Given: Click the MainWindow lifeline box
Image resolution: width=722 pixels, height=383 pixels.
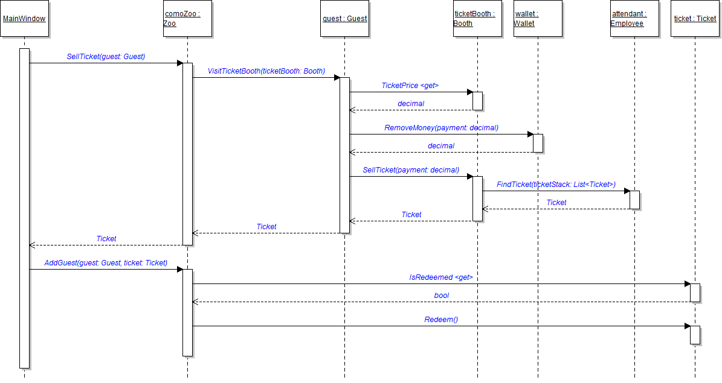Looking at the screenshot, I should coord(24,19).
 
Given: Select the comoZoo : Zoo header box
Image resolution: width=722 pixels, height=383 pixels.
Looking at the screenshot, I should coord(187,19).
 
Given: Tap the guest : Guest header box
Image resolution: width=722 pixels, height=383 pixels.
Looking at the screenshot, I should coord(344,19).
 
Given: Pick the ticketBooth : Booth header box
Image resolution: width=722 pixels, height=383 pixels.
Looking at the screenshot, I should coord(477,19).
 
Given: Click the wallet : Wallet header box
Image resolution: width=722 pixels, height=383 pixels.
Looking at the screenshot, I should coord(538,19).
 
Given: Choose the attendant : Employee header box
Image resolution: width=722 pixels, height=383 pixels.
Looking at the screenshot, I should coord(634,19).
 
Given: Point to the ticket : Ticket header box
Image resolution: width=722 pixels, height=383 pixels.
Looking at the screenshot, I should coord(695,19).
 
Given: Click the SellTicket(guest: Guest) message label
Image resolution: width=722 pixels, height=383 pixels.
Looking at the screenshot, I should coord(106,57).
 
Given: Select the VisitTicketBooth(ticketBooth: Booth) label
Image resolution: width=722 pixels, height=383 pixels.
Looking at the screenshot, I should coord(266,71).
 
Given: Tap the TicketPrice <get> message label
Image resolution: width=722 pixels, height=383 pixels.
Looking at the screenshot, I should coord(410,86).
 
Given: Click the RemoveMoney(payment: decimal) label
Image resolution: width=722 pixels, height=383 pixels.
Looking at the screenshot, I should coord(441,128).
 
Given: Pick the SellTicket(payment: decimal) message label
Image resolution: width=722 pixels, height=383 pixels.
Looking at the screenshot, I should coord(411,170).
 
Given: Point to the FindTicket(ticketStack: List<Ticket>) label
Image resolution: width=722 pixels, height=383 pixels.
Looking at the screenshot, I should coord(556,185).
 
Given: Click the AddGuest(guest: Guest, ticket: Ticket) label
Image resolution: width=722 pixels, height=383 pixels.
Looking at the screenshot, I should coord(106,263).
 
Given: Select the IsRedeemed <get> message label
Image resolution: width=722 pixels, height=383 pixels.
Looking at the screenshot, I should coord(441,277).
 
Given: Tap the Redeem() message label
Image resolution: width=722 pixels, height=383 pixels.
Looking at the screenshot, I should coord(441,320).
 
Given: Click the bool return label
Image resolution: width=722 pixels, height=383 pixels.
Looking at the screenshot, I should coord(441,296).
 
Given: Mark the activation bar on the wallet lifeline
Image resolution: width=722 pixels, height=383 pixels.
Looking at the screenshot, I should coord(538,143).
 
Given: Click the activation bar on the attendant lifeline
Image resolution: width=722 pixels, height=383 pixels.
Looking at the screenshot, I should coord(634,200).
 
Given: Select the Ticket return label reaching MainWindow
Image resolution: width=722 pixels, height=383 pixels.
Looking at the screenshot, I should coord(106,239).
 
